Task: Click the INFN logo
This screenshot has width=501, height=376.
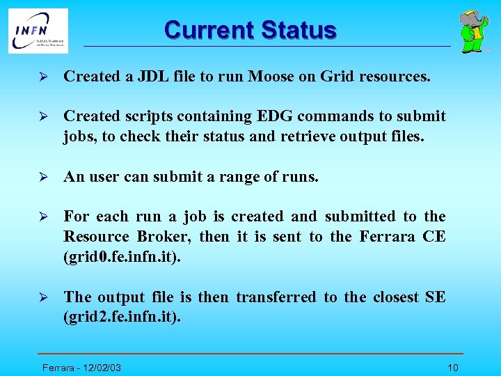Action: [x=38, y=31]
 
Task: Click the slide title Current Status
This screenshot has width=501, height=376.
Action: [x=250, y=30]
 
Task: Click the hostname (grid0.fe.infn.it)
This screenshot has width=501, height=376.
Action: [x=122, y=256]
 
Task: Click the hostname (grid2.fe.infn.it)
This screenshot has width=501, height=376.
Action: [x=122, y=317]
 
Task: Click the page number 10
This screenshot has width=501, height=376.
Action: [x=453, y=368]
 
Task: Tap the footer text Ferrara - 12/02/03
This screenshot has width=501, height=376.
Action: [x=82, y=368]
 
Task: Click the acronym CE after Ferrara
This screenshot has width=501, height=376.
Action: [x=434, y=237]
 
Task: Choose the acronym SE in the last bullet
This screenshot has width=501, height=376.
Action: [x=435, y=297]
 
